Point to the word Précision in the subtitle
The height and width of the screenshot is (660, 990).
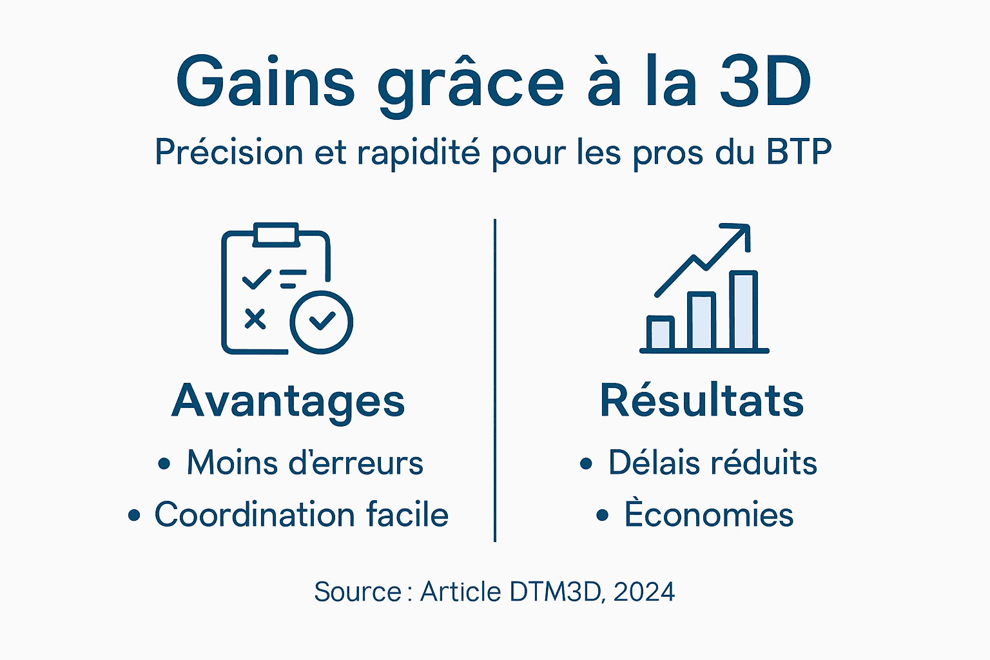(229, 153)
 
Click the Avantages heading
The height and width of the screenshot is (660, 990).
(288, 401)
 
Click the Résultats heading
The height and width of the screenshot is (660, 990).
(702, 401)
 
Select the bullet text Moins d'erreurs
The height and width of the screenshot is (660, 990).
(305, 463)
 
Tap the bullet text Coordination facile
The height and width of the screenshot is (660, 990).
(301, 515)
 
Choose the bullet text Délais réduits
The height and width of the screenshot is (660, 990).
(712, 463)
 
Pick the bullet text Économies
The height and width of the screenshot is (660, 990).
(708, 515)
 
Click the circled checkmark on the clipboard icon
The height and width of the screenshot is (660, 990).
(321, 322)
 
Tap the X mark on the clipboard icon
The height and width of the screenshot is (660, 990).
(255, 319)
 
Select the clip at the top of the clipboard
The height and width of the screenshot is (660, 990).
(276, 235)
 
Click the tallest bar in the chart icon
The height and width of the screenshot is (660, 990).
(743, 311)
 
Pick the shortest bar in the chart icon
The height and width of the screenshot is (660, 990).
(660, 333)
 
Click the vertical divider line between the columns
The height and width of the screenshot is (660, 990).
(495, 380)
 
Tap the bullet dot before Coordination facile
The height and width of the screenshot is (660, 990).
(134, 516)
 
